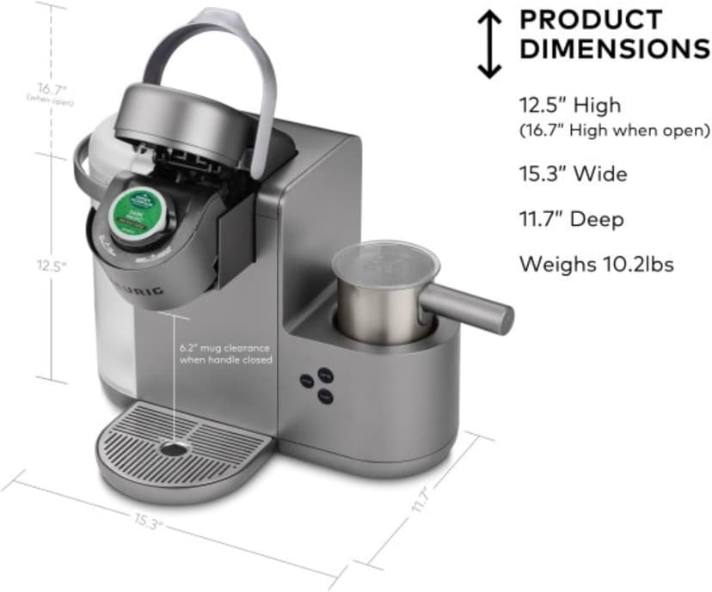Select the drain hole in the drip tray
[x=175, y=449]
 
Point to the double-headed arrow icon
[x=489, y=44]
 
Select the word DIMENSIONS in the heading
[x=615, y=49]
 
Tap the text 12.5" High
[x=569, y=106]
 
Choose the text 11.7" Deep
[x=571, y=220]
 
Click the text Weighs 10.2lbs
[x=596, y=265]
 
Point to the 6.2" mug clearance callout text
[x=224, y=354]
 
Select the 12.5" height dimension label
[x=52, y=266]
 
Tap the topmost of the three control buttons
[x=324, y=374]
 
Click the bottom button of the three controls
[x=323, y=395]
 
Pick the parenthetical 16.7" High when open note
[x=614, y=131]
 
